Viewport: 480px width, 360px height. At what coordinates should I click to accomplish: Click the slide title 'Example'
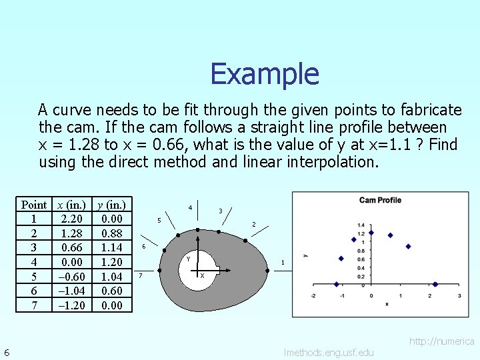pos(265,73)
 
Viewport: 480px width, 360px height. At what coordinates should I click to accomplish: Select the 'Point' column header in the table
pos(34,205)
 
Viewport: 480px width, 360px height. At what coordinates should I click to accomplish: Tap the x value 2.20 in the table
pos(71,218)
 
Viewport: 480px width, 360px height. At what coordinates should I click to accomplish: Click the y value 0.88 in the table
pos(111,234)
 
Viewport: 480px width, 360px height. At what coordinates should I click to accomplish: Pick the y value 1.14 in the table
pos(111,248)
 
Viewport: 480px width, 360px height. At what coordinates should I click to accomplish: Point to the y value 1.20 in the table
pos(111,262)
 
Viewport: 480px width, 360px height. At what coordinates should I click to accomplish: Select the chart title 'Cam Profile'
pos(380,200)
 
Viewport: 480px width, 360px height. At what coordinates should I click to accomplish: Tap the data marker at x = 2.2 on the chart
pos(435,284)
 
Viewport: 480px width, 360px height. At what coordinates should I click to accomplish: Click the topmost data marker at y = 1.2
pos(371,233)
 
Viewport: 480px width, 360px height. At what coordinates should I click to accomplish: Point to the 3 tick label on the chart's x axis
pos(460,295)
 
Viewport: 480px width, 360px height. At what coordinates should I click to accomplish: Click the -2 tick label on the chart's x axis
pos(313,295)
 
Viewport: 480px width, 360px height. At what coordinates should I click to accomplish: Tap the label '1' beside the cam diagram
pos(283,263)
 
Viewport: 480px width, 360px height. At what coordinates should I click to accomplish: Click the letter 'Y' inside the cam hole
pos(189,259)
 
